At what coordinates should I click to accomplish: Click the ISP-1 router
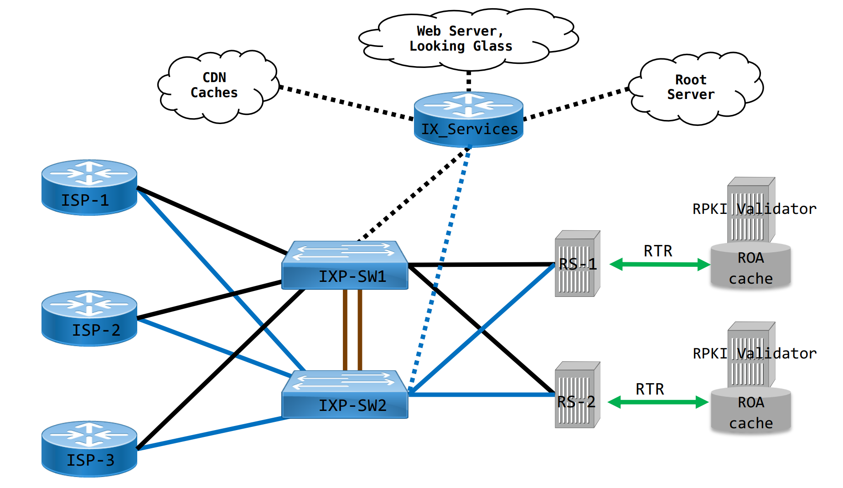coord(89,187)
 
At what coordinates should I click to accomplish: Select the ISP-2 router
coord(89,318)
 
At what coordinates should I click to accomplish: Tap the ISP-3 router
coord(89,449)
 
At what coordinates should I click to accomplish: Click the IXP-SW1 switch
coord(345,265)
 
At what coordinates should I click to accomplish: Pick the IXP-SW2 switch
coord(345,395)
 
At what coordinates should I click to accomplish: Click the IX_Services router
coord(468,119)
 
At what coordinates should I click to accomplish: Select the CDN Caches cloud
coord(217,87)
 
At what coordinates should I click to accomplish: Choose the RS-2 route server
coord(577,395)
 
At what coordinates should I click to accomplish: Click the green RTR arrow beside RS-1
coord(659,264)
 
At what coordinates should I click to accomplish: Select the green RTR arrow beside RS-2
coord(658,402)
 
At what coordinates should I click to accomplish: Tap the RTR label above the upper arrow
coord(657,251)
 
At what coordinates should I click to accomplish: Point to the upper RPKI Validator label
coord(754,209)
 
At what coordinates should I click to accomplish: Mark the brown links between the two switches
coord(352,329)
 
